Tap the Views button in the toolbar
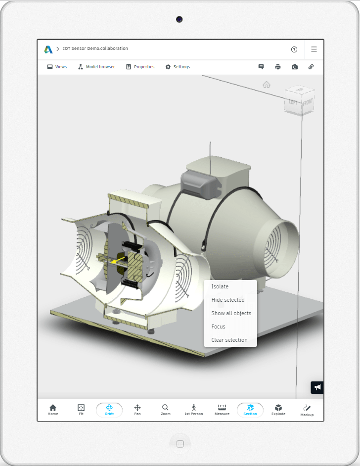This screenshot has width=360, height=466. click(57, 67)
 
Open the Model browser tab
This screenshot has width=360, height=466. click(96, 67)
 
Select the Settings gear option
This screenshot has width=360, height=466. click(178, 67)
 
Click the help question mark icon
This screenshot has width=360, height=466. click(294, 49)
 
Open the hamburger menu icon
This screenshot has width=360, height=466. click(314, 49)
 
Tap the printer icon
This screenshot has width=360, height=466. click(278, 67)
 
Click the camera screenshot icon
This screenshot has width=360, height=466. click(295, 67)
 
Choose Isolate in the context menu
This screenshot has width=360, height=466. click(220, 286)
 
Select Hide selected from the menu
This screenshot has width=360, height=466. click(228, 300)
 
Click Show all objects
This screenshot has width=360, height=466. click(231, 313)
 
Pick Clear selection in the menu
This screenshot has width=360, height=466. click(229, 340)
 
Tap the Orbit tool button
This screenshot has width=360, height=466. click(109, 410)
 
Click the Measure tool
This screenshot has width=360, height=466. click(222, 410)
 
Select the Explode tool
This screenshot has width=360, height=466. click(278, 410)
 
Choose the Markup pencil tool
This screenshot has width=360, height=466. click(307, 410)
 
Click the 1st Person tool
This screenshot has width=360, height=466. click(194, 410)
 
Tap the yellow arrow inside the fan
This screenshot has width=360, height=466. click(118, 259)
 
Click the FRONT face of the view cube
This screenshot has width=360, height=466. click(308, 103)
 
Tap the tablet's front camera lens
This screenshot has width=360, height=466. click(179, 19)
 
